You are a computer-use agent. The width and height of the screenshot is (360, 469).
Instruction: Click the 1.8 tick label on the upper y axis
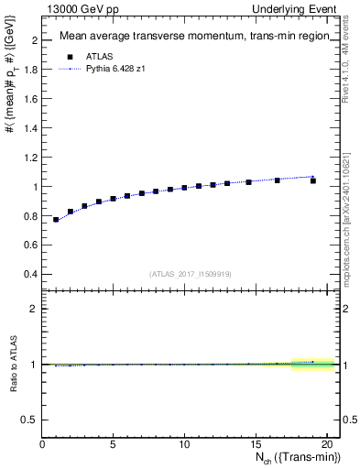(30, 70)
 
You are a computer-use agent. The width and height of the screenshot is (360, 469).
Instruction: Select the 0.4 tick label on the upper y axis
(30, 274)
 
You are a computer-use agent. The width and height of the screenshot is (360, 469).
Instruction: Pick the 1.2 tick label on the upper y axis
(30, 158)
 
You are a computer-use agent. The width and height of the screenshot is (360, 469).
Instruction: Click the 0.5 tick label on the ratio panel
(28, 419)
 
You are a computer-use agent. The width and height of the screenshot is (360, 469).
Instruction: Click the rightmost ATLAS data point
(313, 180)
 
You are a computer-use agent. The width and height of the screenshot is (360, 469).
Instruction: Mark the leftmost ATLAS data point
(56, 220)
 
